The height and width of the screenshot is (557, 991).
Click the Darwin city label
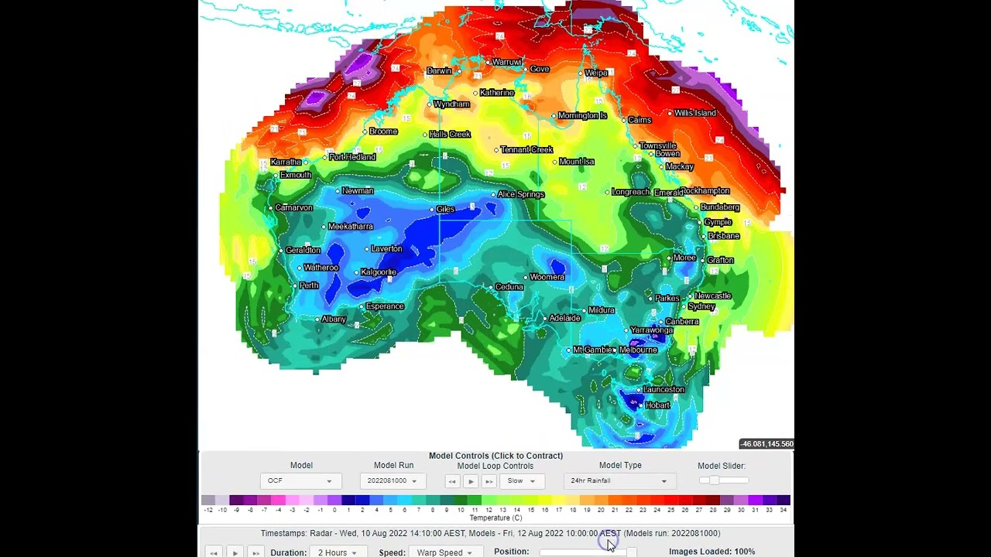439,71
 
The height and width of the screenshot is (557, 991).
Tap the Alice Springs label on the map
521,194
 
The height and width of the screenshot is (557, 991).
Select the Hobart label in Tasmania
657,405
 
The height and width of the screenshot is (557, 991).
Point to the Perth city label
309,285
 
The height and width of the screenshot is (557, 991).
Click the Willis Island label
694,113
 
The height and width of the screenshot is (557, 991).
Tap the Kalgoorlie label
379,272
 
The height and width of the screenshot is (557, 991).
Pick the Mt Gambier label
592,350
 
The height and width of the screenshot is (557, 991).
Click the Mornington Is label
582,116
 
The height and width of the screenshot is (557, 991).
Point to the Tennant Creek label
526,149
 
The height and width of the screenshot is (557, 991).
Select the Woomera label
547,277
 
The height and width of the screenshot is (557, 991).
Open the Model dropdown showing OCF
300,481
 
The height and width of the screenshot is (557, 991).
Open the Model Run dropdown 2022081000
393,481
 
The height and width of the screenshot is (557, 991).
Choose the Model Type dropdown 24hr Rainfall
619,481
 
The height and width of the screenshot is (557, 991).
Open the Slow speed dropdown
521,481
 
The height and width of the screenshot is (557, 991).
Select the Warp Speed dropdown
444,552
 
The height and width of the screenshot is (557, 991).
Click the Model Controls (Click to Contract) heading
495,456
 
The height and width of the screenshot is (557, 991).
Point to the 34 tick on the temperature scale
784,510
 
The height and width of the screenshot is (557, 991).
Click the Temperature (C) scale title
495,518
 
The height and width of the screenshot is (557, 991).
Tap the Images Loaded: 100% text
712,552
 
